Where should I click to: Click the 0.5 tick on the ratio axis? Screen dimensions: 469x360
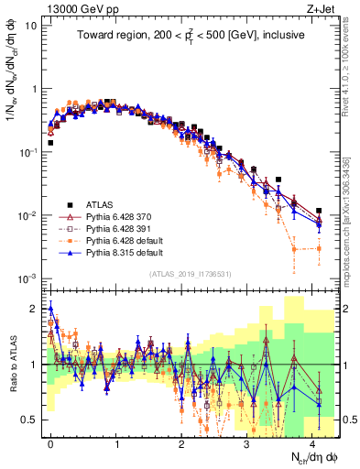[29, 420]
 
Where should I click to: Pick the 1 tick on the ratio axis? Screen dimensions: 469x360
[35, 365]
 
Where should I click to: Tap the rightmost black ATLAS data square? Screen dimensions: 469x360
[319, 211]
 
